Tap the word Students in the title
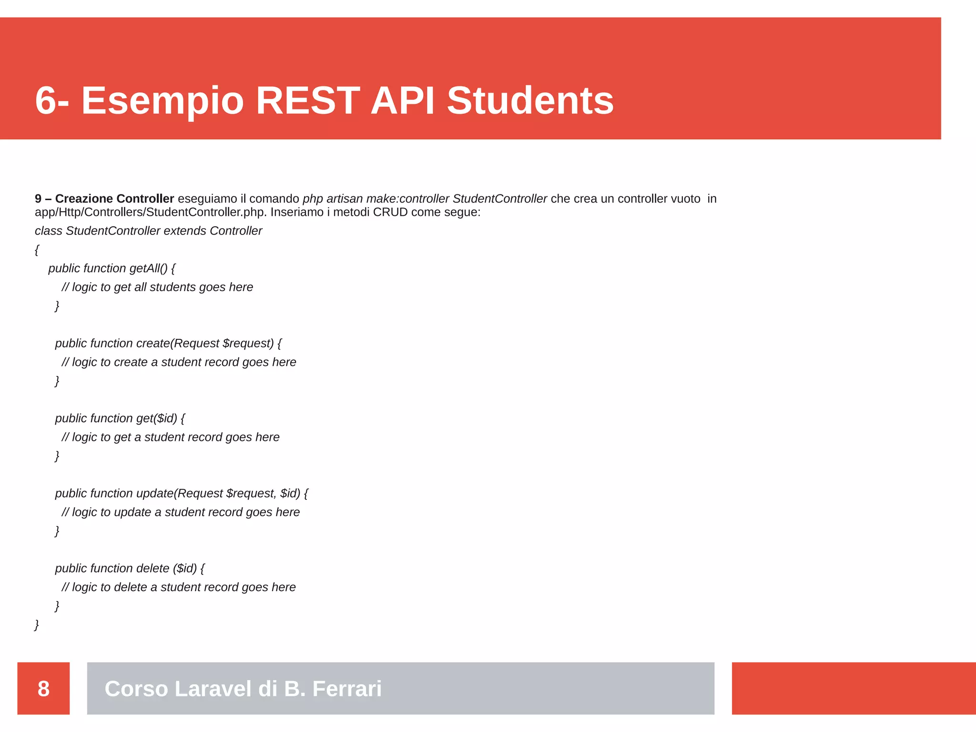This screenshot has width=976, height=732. click(530, 101)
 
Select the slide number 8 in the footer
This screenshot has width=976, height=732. click(43, 689)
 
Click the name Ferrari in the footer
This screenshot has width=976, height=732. click(346, 689)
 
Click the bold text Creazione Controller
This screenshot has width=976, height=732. click(114, 199)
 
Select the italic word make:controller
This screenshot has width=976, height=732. click(407, 199)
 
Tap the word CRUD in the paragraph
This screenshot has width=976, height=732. click(390, 212)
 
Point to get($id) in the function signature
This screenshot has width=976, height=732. click(156, 418)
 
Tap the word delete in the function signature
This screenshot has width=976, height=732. click(152, 568)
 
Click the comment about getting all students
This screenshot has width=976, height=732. click(157, 287)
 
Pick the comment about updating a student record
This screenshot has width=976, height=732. click(181, 512)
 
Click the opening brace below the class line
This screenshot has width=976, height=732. click(37, 250)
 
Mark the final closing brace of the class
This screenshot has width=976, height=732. click(37, 624)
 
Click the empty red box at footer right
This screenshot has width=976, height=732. click(854, 688)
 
